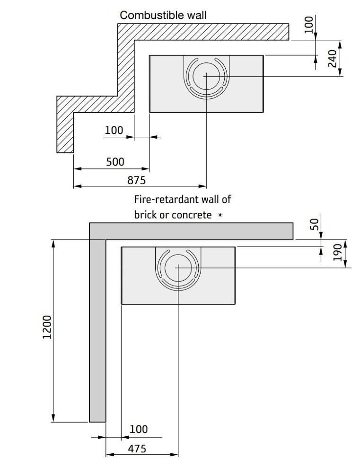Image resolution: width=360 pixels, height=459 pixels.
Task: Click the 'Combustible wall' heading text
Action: click(x=163, y=15)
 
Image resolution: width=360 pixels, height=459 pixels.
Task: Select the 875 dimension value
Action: click(x=136, y=180)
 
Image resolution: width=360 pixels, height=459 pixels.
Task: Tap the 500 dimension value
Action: click(x=115, y=161)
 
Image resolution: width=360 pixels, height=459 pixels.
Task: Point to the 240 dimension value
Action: click(x=333, y=59)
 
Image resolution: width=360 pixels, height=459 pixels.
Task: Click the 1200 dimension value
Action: click(x=47, y=327)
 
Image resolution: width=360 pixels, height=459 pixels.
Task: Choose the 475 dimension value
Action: click(x=137, y=449)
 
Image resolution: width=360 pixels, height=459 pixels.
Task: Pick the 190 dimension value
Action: click(x=337, y=252)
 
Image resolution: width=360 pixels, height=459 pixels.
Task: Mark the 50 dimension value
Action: click(x=314, y=224)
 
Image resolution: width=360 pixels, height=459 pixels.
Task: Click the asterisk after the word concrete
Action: click(x=220, y=215)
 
